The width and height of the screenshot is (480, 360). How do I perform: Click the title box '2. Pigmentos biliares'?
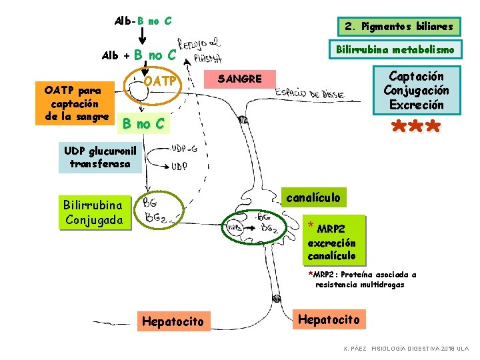point(398,27)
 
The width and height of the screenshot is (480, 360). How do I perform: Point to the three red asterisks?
point(415,127)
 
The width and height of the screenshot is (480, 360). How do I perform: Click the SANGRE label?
point(240,79)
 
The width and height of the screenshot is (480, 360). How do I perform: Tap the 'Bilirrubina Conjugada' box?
point(93,212)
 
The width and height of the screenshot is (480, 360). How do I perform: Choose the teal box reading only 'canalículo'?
point(313,197)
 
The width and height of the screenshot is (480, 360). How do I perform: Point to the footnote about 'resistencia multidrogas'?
point(362,279)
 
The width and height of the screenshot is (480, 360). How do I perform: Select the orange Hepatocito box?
point(173,321)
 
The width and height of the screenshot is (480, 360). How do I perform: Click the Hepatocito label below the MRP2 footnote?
point(329,320)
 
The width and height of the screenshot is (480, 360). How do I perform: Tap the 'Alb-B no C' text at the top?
point(143,21)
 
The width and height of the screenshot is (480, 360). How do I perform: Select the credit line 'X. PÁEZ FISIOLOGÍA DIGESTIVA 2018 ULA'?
point(405,349)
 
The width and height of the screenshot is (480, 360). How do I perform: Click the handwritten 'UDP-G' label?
point(183,148)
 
